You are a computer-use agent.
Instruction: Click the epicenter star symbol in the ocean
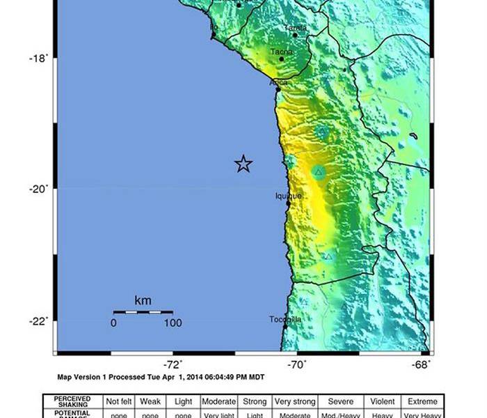point(243,164)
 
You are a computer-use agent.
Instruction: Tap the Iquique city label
point(289,196)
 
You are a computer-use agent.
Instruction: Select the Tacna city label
point(281,52)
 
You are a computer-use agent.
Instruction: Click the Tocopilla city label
point(285,319)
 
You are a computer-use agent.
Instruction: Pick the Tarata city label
point(296,28)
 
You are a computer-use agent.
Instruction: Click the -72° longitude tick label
point(173,364)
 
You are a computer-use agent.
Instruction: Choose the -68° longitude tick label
point(422,364)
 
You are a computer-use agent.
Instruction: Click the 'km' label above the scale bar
point(143,301)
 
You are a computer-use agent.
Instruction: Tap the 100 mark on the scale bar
point(173,323)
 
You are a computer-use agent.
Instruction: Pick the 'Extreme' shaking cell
point(423,401)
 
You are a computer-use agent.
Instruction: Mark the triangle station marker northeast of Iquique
point(319,171)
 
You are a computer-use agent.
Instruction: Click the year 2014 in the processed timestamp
point(179,377)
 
